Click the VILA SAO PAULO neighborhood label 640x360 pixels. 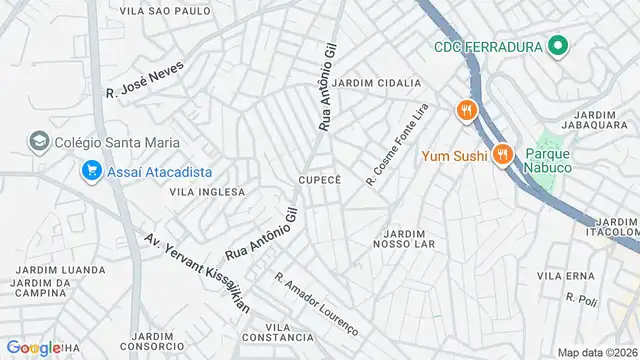(165, 11)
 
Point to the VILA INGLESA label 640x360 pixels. (207, 191)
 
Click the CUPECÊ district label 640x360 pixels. (319, 179)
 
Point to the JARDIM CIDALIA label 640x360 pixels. (377, 83)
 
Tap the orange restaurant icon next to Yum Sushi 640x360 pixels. (502, 155)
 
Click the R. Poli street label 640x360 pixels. (581, 299)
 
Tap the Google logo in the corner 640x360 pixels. (33, 347)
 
